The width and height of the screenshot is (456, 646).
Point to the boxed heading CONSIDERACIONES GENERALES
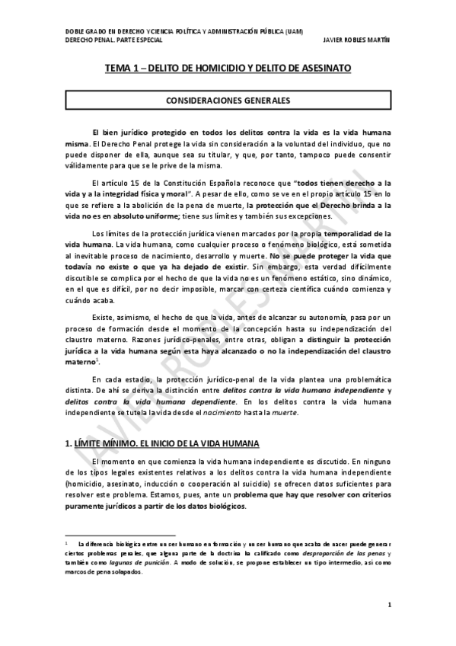pyautogui.click(x=228, y=100)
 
